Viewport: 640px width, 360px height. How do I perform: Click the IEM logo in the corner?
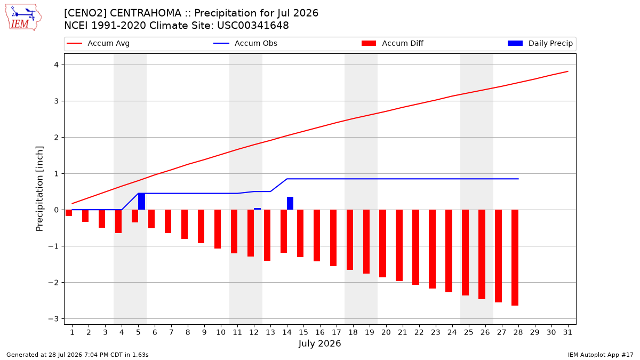[23, 18]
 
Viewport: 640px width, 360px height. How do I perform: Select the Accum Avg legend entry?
[98, 43]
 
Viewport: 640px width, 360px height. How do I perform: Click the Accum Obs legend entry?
[245, 43]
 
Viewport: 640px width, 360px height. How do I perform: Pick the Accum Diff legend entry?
[393, 43]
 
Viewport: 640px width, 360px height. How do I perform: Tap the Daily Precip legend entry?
[540, 43]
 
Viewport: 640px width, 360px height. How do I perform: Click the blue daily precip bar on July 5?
[141, 202]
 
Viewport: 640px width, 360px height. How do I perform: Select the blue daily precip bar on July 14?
[290, 203]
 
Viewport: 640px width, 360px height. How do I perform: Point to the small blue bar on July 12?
[257, 209]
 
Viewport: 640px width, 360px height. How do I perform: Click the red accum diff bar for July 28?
[515, 258]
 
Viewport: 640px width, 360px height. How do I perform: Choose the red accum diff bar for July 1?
[69, 213]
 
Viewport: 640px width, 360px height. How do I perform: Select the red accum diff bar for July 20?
[382, 243]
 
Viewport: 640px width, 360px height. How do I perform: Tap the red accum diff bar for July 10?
[218, 229]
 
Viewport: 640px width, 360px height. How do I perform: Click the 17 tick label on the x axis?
[337, 332]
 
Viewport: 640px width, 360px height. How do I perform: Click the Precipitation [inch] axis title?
[39, 189]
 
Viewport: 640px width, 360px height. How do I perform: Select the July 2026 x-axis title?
[319, 343]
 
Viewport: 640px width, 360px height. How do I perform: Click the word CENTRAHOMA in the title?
[146, 13]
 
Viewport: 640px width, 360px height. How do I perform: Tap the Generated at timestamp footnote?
[77, 355]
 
